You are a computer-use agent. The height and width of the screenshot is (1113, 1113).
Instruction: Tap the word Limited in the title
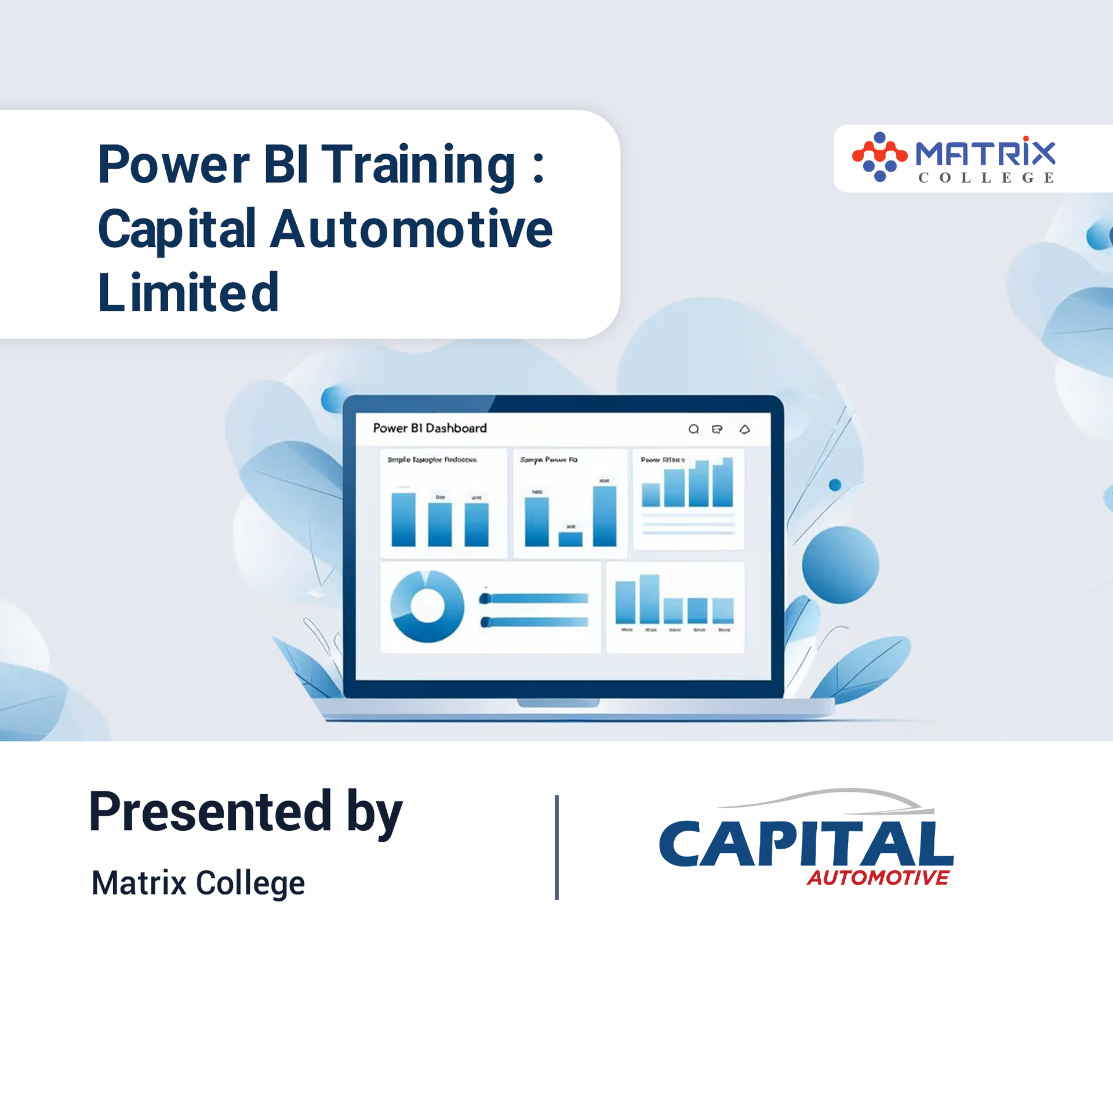pos(188,293)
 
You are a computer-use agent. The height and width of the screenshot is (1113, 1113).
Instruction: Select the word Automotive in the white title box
pos(412,230)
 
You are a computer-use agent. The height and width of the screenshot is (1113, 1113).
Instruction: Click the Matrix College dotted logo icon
pos(879,157)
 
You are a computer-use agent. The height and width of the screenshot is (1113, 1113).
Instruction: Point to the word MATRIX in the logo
pos(985,153)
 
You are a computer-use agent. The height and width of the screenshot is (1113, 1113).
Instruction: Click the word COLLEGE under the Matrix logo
pos(986,177)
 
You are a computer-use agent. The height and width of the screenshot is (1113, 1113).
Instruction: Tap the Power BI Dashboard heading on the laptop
pos(430,428)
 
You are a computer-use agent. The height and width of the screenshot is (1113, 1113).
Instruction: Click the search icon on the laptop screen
pos(693,429)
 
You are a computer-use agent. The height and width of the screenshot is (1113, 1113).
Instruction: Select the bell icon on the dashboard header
pos(745,429)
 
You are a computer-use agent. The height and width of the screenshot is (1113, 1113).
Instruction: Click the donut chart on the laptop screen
pos(427,606)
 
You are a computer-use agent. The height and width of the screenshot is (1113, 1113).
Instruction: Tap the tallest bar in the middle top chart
pos(604,516)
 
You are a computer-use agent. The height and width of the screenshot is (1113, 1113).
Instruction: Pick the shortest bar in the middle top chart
pos(570,539)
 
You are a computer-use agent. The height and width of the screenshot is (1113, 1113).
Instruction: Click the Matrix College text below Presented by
pos(198,883)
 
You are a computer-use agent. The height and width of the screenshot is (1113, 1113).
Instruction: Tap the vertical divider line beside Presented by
pos(556,847)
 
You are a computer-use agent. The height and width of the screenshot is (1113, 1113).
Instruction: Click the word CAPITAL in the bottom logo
pos(806,844)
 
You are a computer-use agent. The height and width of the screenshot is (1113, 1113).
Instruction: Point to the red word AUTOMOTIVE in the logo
pos(878,878)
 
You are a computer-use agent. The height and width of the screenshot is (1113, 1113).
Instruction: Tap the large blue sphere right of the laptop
pos(840,565)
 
